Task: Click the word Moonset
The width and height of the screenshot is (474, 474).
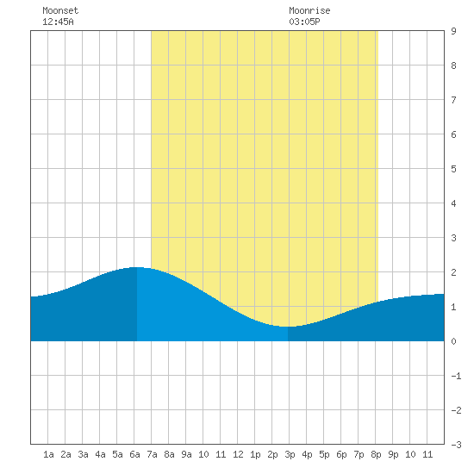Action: click(x=60, y=10)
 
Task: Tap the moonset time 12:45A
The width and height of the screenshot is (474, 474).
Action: click(x=58, y=22)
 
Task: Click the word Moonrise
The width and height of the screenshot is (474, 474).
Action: click(x=309, y=10)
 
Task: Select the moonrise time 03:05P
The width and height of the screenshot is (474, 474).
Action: click(x=304, y=22)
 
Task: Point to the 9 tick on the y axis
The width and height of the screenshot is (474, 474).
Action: click(x=453, y=31)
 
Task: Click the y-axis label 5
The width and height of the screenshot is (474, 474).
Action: click(x=453, y=169)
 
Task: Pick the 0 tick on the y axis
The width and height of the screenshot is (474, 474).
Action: click(x=453, y=341)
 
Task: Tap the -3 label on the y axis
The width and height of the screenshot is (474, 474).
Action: click(x=456, y=445)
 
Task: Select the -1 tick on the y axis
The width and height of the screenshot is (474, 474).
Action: click(x=456, y=376)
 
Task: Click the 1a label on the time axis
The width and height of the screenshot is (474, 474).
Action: click(x=48, y=454)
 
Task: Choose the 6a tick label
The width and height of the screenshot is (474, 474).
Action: click(x=134, y=454)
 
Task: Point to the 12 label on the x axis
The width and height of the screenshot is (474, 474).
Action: click(x=238, y=454)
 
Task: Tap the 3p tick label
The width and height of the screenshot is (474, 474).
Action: click(x=290, y=454)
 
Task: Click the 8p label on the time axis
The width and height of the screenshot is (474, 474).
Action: click(x=376, y=454)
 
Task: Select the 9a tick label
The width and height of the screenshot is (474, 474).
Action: click(x=186, y=454)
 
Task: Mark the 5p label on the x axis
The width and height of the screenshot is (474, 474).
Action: click(x=324, y=454)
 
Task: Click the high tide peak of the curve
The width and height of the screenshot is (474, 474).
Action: click(x=137, y=267)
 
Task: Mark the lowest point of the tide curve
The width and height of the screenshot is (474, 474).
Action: click(x=287, y=327)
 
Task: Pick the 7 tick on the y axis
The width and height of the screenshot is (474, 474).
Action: click(x=453, y=100)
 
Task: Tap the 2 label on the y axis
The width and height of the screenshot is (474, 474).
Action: click(x=453, y=272)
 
